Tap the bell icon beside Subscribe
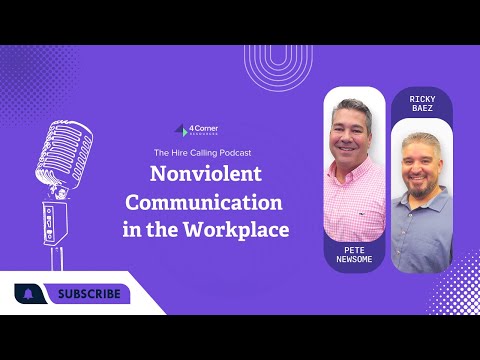pos(28,294)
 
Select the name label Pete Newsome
pos(354,253)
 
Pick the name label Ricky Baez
pos(420,105)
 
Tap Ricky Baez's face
pos(420,160)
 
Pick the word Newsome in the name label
pos(354,259)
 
